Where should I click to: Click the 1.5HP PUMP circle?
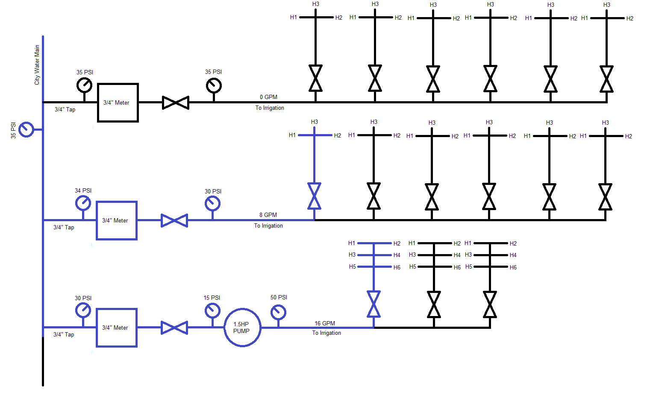(x=242, y=328)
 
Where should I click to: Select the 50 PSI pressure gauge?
(x=278, y=312)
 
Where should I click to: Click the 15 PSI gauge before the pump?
(x=212, y=310)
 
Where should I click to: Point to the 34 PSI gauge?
(x=83, y=203)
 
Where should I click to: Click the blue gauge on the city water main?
(x=26, y=129)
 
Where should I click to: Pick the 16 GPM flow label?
(x=325, y=323)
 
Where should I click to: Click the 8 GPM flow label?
(x=268, y=215)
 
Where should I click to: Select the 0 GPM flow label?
(x=268, y=97)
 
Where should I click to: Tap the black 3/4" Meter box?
(x=118, y=102)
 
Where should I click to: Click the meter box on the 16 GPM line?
(x=116, y=328)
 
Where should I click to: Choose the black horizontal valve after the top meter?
(x=176, y=102)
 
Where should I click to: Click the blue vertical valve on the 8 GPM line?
(x=314, y=196)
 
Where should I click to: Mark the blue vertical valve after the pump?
(x=374, y=304)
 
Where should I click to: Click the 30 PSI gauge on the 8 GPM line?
(x=212, y=204)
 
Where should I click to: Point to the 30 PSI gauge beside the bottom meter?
(x=83, y=310)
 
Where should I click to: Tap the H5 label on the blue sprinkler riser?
(x=352, y=266)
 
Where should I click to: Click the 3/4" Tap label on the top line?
(x=65, y=109)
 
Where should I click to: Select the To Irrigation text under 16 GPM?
(x=326, y=333)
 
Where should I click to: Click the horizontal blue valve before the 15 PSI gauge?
(x=174, y=328)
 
